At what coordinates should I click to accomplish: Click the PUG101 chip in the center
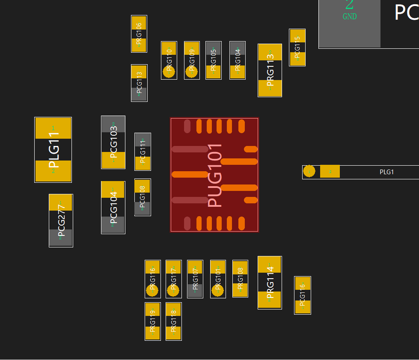click(214, 175)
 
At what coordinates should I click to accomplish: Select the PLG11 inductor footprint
click(53, 149)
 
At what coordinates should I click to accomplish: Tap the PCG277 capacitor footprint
click(61, 220)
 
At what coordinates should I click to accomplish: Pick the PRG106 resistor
click(139, 34)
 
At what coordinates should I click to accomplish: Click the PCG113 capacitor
click(139, 83)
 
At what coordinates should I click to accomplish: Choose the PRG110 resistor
click(169, 60)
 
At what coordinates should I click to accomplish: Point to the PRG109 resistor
click(192, 60)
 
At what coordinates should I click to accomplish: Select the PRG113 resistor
click(270, 70)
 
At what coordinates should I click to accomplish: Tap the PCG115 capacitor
click(297, 48)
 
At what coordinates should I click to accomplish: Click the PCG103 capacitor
click(113, 142)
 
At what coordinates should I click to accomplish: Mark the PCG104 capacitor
click(113, 208)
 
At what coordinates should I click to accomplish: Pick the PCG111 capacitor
click(143, 152)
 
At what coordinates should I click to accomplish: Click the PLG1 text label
click(386, 172)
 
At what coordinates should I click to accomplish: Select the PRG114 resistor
click(270, 283)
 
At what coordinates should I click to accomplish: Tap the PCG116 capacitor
click(303, 295)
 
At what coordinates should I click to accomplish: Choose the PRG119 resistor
click(153, 321)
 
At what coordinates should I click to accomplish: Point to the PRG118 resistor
click(173, 321)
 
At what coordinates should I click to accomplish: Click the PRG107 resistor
click(195, 279)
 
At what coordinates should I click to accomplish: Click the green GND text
click(350, 17)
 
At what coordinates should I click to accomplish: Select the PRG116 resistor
click(153, 279)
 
